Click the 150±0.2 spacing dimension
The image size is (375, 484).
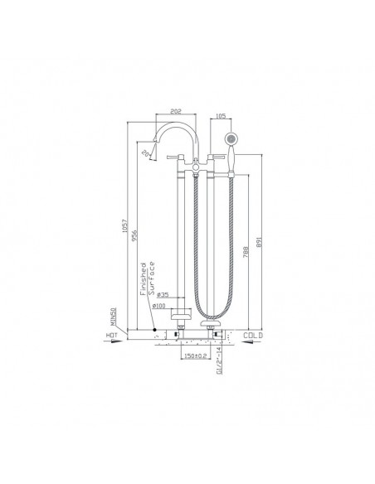coord(195,356)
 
